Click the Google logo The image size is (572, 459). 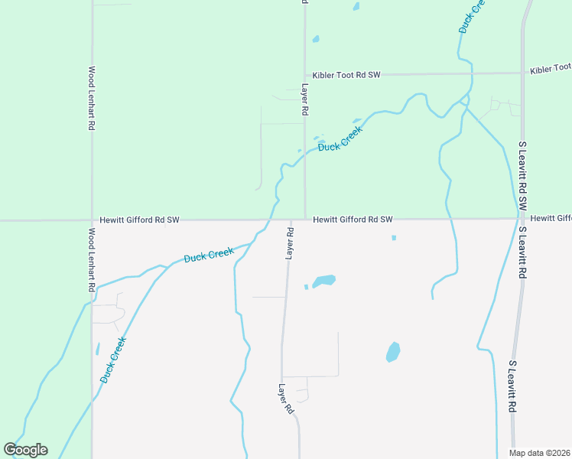(25, 450)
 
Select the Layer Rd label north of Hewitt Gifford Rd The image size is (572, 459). (304, 99)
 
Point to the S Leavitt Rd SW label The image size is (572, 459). (523, 175)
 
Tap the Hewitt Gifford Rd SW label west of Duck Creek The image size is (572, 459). (139, 220)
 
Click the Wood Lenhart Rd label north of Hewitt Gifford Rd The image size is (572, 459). (91, 97)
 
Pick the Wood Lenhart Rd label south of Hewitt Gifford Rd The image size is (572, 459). (91, 259)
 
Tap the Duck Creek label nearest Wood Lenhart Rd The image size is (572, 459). (112, 360)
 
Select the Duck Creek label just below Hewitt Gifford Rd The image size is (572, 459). (208, 255)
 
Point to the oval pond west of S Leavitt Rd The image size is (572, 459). (393, 352)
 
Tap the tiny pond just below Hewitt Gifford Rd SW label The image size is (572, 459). (394, 238)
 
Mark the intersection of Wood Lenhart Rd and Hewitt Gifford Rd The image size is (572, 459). (92, 220)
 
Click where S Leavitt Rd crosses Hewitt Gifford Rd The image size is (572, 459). (522, 219)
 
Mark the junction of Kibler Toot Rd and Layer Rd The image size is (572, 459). (305, 75)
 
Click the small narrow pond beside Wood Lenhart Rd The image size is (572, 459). (98, 349)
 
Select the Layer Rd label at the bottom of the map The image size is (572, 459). (286, 399)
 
